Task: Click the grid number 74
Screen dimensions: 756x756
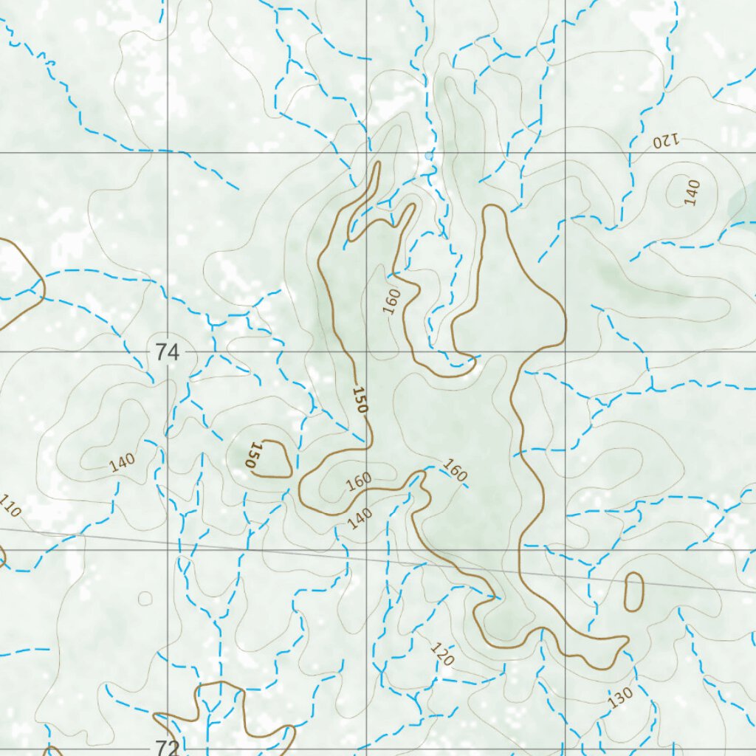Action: point(168,353)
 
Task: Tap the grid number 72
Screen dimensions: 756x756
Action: point(168,747)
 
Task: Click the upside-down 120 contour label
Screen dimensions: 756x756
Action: point(664,140)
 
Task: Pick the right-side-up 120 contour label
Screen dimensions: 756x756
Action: point(441,654)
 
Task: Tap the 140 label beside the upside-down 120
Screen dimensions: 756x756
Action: point(692,192)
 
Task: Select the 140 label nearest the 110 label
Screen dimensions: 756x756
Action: point(122,462)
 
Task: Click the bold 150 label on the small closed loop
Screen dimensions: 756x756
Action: point(253,456)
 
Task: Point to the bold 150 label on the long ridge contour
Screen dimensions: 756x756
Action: point(360,399)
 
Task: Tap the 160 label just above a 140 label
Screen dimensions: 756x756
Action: point(359,481)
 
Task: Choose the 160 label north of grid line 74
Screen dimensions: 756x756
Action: point(392,301)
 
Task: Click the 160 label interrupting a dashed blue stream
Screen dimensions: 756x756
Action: point(456,470)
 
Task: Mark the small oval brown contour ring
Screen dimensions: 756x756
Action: point(633,592)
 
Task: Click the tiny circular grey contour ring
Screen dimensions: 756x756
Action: point(145,598)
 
